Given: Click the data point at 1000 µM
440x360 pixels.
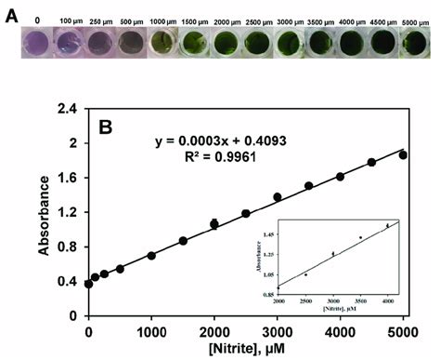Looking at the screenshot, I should pos(151,256).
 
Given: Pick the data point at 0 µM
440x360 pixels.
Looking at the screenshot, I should pos(88,284).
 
